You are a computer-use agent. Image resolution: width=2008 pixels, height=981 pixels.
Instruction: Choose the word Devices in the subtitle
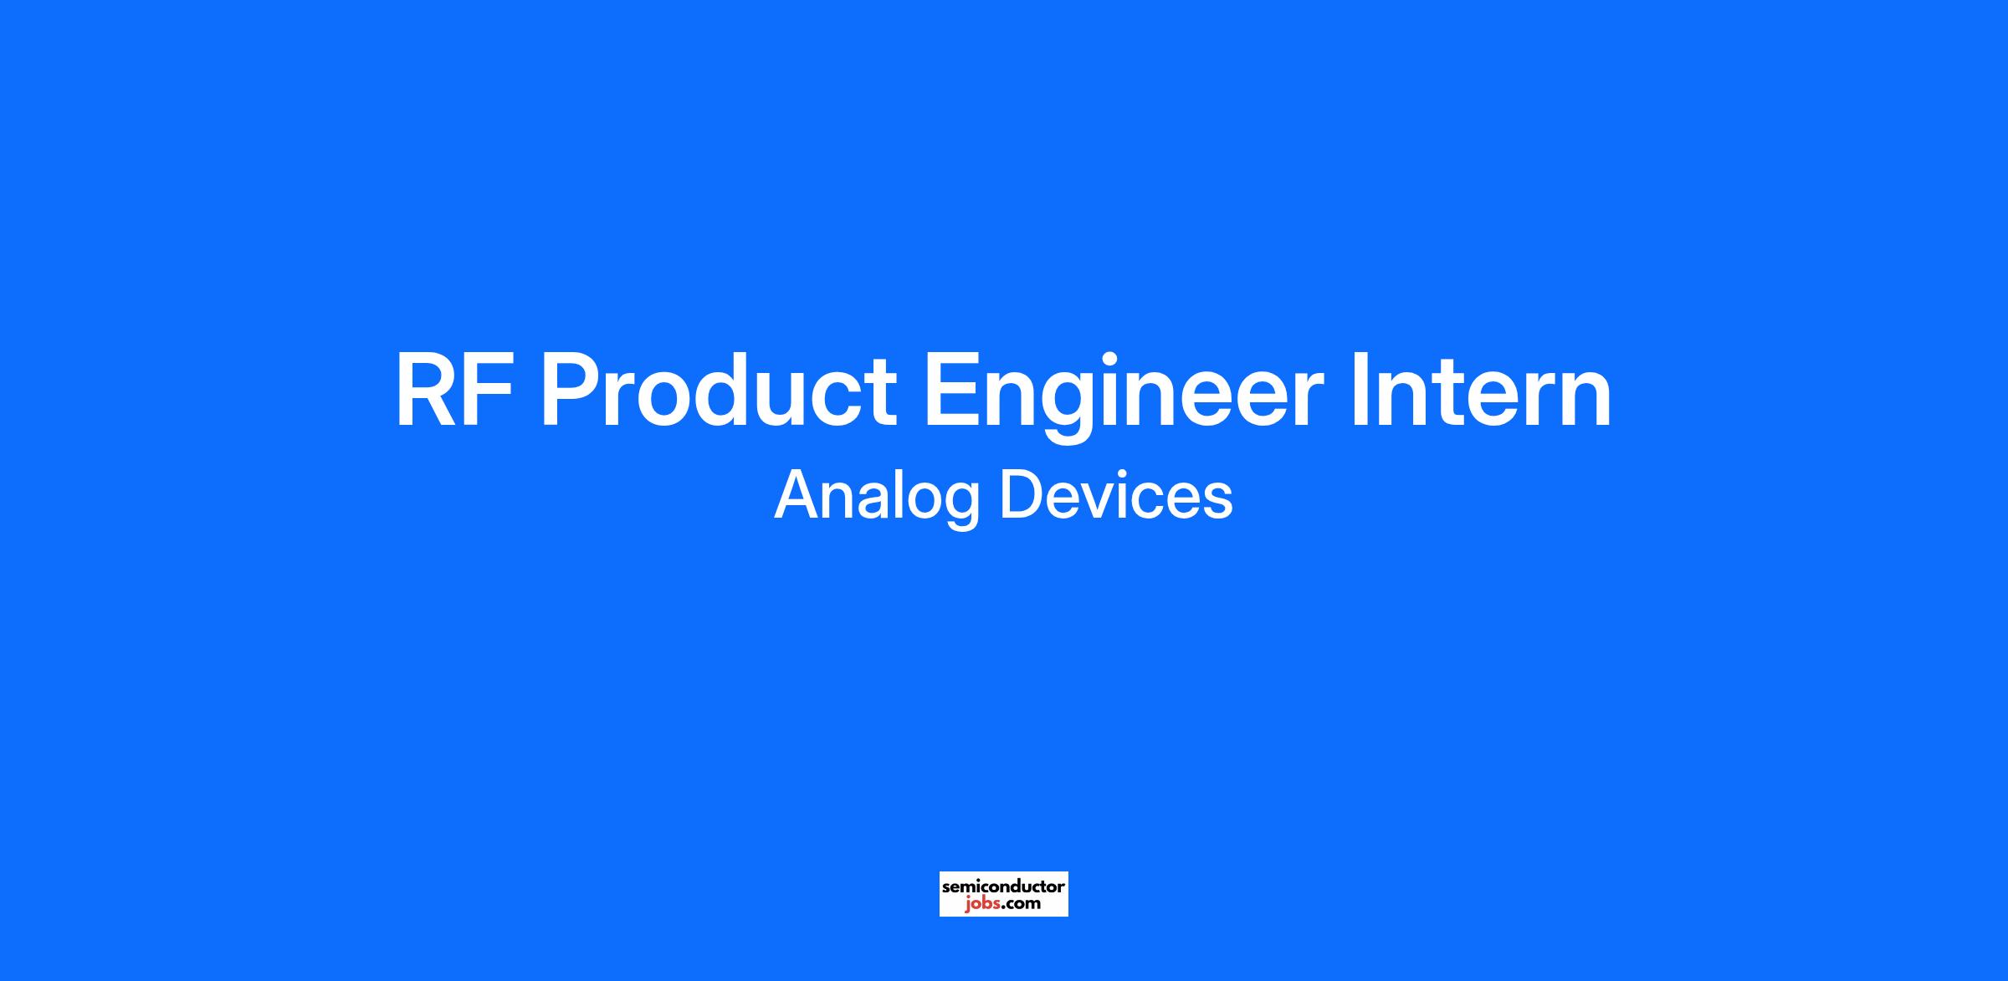coord(1117,495)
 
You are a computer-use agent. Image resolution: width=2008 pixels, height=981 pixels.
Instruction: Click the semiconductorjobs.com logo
coord(1003,894)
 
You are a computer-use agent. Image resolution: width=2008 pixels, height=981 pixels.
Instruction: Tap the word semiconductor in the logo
coord(1003,886)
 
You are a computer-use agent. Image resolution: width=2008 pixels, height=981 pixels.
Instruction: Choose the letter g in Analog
coord(958,506)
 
